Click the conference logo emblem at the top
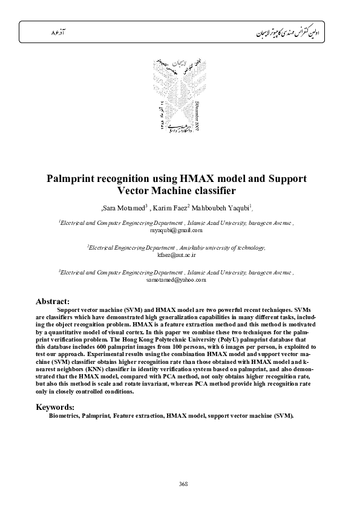coord(180,97)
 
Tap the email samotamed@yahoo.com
coord(176,280)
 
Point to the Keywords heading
coord(55,407)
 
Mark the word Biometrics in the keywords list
coord(64,417)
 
